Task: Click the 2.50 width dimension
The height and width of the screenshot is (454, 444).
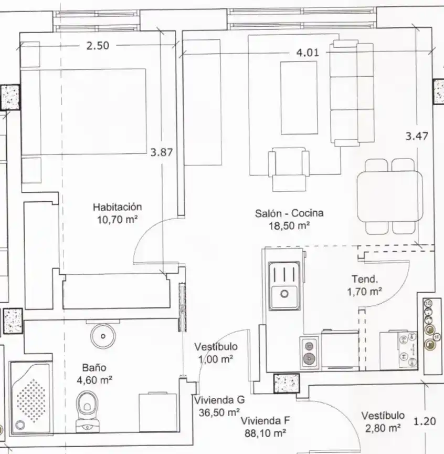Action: pyautogui.click(x=98, y=46)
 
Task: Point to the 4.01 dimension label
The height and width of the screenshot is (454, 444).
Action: pyautogui.click(x=308, y=53)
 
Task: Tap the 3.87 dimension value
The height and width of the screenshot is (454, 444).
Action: pyautogui.click(x=162, y=152)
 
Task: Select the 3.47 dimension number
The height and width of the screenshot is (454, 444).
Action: pyautogui.click(x=417, y=136)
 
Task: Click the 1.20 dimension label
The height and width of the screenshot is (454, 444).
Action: pyautogui.click(x=425, y=421)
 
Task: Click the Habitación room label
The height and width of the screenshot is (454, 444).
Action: pyautogui.click(x=118, y=207)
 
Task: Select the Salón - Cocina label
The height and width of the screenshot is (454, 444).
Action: pyautogui.click(x=289, y=213)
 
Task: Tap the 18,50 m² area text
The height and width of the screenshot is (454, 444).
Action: pyautogui.click(x=290, y=225)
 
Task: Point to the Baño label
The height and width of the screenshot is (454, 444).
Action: pyautogui.click(x=94, y=368)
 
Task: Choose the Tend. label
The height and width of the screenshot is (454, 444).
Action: pyautogui.click(x=365, y=279)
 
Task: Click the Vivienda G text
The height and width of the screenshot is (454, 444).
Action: pyautogui.click(x=219, y=400)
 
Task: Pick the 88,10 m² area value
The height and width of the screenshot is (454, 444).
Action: pyautogui.click(x=265, y=433)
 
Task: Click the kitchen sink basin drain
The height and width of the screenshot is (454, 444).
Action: pyautogui.click(x=284, y=294)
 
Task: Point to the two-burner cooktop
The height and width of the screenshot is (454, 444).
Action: pyautogui.click(x=309, y=353)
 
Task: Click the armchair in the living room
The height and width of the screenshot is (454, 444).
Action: pyautogui.click(x=289, y=169)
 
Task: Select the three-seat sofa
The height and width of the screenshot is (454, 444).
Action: pyautogui.click(x=352, y=93)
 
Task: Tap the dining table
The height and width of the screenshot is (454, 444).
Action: pyautogui.click(x=389, y=197)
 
